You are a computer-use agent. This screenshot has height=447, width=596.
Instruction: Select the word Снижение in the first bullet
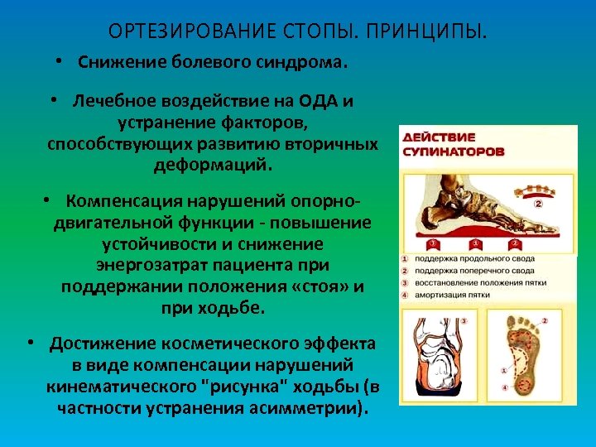point(115,63)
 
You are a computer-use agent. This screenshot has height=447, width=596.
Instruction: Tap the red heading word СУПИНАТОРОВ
point(453,152)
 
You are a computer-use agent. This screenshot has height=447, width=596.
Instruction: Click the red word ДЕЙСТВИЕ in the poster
point(438,137)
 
